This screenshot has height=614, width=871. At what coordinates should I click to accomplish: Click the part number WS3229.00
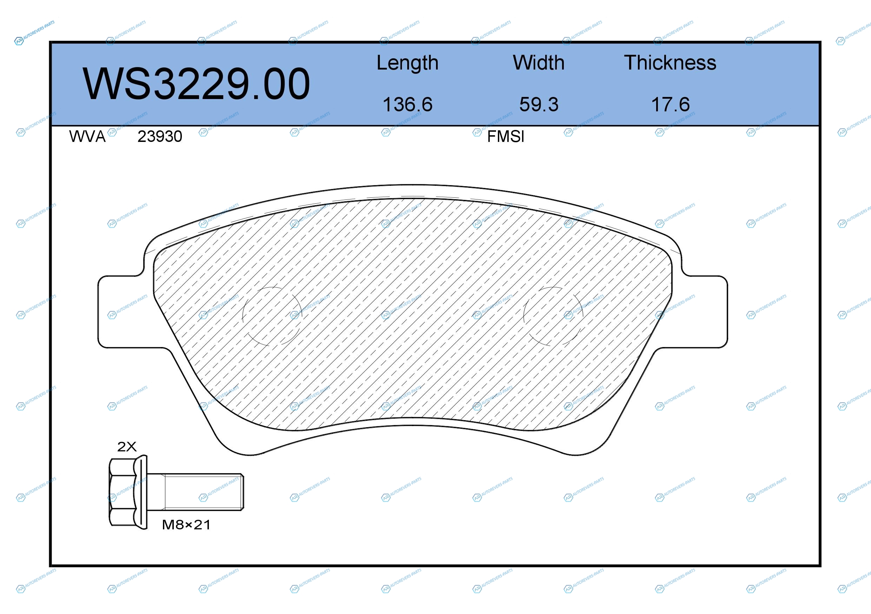pos(197,84)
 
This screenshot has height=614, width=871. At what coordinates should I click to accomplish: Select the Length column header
pos(408,63)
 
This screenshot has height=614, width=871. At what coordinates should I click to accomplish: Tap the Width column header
pos(539,63)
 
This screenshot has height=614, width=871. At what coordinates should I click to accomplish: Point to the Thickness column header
pos(670,63)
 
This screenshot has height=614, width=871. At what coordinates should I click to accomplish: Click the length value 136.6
pos(408,104)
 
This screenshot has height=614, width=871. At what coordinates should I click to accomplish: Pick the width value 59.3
pos(539,104)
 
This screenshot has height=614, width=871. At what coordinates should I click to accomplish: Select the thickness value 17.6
pos(670,104)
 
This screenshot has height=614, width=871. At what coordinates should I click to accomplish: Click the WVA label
pos(87,137)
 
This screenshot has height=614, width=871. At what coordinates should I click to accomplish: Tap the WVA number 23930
pos(160,137)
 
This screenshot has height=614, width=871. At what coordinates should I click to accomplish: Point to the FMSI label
pos(506,137)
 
